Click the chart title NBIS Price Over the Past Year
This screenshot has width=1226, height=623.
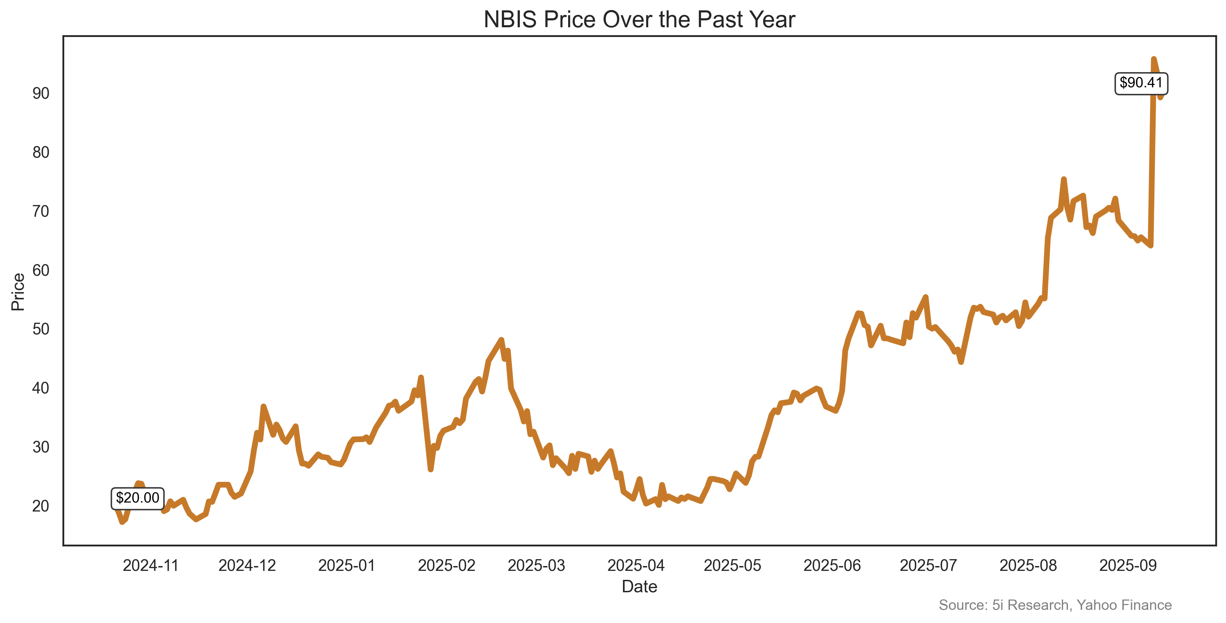[x=639, y=20]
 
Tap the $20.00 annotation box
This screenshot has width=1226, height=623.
[x=137, y=498]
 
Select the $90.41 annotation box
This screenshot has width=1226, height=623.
[x=1141, y=83]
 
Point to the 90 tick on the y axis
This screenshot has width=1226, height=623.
[x=41, y=93]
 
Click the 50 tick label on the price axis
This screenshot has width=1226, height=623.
[x=41, y=329]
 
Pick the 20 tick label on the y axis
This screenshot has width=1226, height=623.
[x=41, y=506]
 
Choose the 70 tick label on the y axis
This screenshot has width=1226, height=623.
[x=41, y=211]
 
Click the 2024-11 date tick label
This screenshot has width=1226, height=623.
[x=150, y=565]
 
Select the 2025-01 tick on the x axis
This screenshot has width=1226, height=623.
[x=347, y=565]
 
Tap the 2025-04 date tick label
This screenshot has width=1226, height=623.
[x=636, y=565]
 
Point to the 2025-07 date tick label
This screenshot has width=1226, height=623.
[x=928, y=565]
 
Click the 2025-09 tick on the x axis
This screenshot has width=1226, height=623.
[x=1128, y=565]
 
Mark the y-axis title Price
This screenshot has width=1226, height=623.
[x=18, y=292]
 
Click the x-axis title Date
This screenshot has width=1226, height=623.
[x=639, y=587]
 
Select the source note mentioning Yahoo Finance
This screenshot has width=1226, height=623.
[x=1055, y=605]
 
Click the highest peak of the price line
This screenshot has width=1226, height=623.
[x=1153, y=59]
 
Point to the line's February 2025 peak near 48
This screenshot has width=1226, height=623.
[x=501, y=340]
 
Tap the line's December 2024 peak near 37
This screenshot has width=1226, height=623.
[x=263, y=407]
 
